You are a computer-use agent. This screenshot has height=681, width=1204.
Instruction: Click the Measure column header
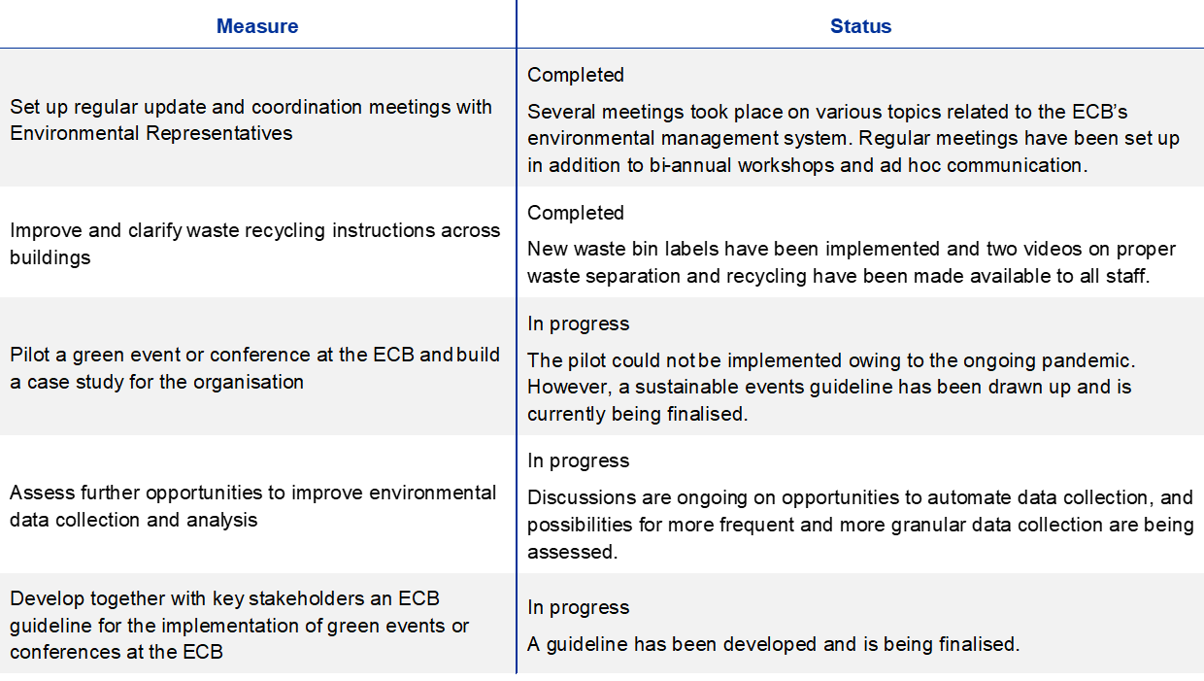(257, 26)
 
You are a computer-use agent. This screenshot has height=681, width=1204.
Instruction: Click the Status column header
(860, 26)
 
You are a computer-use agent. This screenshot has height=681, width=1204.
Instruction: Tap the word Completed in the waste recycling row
(575, 213)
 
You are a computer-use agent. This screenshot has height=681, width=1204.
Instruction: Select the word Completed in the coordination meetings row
(575, 75)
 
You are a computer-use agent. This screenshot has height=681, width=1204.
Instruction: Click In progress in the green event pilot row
(578, 323)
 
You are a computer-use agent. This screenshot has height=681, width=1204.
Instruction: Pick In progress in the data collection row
(578, 461)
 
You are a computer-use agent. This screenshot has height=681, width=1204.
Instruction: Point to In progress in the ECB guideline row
(578, 607)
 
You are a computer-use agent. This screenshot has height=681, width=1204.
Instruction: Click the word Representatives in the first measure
(218, 133)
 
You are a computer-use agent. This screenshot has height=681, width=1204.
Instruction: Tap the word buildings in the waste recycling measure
(50, 257)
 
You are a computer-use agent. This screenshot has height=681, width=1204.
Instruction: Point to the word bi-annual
(689, 165)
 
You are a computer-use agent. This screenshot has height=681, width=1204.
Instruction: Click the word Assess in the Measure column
(42, 493)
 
